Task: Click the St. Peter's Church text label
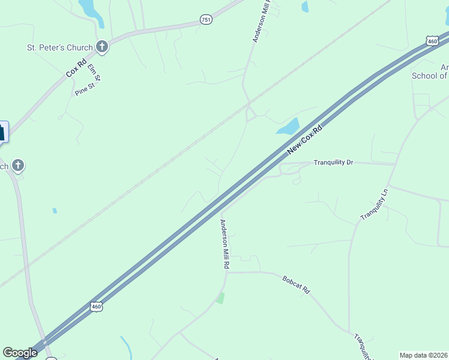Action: point(59,47)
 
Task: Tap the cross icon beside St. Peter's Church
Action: point(102,47)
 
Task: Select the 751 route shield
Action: point(206,20)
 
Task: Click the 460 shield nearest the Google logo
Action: point(97,307)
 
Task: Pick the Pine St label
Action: point(85,90)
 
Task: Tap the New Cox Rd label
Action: point(304,139)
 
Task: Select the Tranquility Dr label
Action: point(334,163)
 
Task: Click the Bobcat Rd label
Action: point(296,284)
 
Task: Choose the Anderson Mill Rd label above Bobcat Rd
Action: point(224,244)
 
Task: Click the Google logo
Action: point(20,353)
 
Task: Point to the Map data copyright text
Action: point(424,355)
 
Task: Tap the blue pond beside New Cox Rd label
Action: point(289,127)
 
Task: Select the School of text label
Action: point(430,76)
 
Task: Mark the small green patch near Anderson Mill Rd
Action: point(220,298)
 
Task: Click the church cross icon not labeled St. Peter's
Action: point(19,165)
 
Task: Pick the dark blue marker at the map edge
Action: point(3,131)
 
